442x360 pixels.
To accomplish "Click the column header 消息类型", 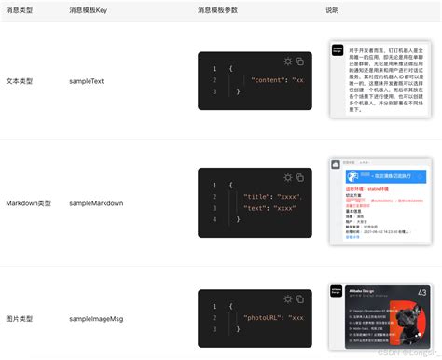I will tap(20, 9).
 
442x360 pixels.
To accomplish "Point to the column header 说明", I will tap(332, 9).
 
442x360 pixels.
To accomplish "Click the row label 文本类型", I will tap(20, 81).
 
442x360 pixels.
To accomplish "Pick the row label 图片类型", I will tap(20, 319).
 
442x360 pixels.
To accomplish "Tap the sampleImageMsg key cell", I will tap(100, 319).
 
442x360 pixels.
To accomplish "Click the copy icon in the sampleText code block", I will tap(300, 62).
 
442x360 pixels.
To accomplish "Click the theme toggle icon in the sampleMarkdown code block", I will tap(288, 178).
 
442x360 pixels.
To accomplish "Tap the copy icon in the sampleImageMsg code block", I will tap(300, 298).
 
